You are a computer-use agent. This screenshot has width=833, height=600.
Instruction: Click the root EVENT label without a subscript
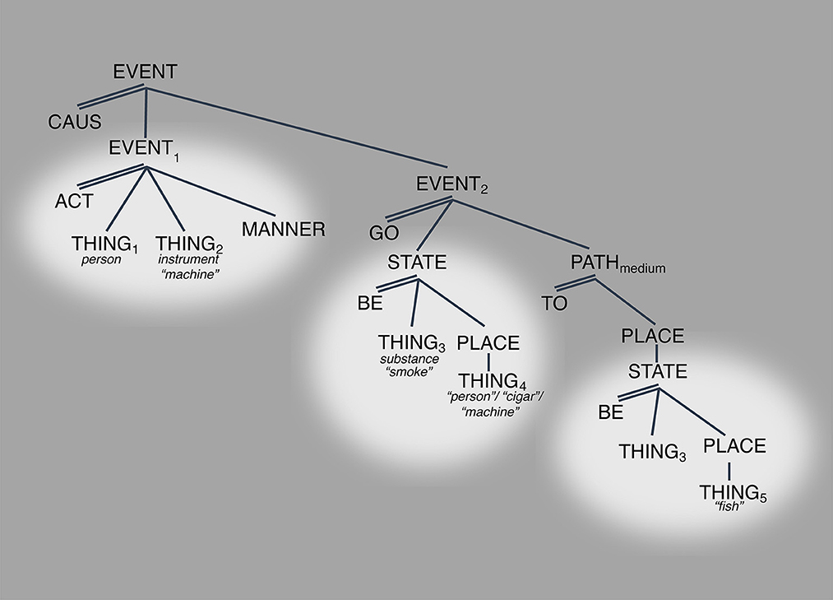pos(145,72)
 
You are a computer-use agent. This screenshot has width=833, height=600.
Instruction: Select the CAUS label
pos(74,123)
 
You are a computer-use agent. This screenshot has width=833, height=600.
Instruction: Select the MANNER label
pos(284,230)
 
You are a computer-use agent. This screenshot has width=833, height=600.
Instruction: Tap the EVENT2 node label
pos(450,185)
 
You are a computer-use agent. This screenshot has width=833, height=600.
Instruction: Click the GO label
pos(384,233)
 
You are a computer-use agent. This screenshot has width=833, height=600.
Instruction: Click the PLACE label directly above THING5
pos(734,446)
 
